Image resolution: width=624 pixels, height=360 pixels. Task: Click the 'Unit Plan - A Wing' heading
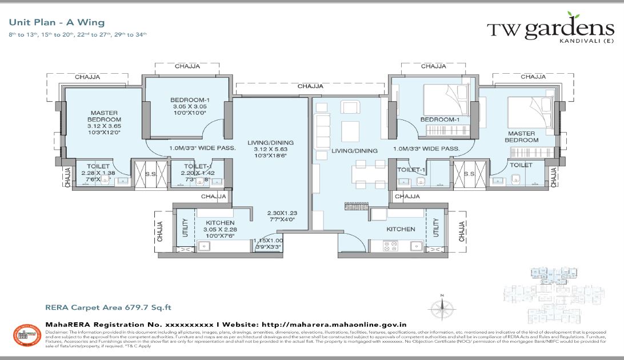(x=57, y=23)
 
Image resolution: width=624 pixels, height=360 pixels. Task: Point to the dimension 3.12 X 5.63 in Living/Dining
(x=263, y=150)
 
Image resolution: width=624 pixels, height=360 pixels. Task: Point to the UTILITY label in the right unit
(x=437, y=229)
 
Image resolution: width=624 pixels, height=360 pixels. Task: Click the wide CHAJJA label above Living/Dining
(x=310, y=86)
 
